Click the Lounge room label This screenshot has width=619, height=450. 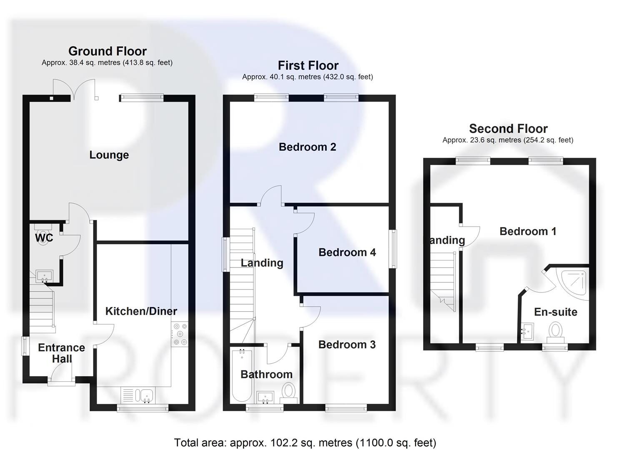[x=109, y=155]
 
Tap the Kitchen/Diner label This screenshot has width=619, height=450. [x=141, y=311]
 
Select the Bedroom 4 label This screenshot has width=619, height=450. [x=347, y=252]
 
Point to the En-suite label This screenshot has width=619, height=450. [x=556, y=312]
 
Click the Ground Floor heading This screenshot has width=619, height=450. [x=108, y=51]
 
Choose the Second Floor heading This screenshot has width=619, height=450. [x=508, y=129]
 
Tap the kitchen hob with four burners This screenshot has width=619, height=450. [x=180, y=335]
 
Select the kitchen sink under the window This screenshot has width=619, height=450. [x=146, y=395]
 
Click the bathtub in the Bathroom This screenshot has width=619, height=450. [x=242, y=375]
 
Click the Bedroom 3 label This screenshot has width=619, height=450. [x=347, y=345]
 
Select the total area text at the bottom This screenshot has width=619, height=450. [x=305, y=442]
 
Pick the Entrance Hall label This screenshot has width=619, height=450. [x=61, y=353]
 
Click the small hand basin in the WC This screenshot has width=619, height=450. [x=44, y=276]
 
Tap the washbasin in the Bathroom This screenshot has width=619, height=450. [x=265, y=397]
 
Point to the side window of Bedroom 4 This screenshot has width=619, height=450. [x=393, y=250]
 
